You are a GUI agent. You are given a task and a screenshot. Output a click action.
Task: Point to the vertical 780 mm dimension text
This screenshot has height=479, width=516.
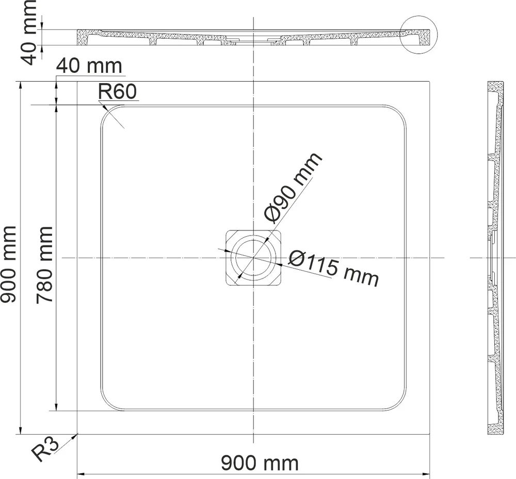[46, 265]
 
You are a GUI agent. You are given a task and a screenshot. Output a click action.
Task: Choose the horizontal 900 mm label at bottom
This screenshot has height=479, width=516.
[260, 462]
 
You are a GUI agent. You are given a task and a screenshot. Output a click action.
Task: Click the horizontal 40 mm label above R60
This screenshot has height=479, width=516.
[89, 66]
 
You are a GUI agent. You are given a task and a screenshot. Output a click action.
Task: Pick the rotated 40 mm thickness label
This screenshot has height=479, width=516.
[30, 32]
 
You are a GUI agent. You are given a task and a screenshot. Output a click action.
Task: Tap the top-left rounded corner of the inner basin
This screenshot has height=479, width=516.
[110, 115]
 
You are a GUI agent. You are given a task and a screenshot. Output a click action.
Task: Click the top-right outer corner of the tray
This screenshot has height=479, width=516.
[430, 82]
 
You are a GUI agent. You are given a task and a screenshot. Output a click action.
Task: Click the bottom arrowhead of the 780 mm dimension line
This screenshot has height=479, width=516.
[56, 408]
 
